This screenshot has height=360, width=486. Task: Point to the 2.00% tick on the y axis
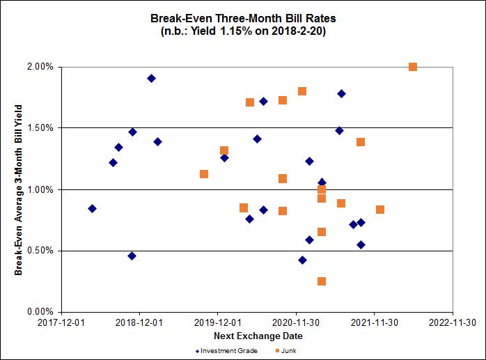point(40,67)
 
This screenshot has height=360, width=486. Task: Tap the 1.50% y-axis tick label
point(40,128)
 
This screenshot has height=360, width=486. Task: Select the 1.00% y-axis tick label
point(40,189)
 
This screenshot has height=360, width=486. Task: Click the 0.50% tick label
point(40,251)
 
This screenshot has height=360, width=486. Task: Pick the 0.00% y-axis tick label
point(40,312)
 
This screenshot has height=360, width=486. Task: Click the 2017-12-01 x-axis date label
point(61,322)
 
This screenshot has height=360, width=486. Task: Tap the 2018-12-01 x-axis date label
point(139,322)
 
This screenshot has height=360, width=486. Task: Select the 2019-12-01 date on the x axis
point(218,322)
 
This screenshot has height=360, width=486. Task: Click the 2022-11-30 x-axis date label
point(453,322)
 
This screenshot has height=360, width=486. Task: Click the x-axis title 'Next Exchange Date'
point(257,336)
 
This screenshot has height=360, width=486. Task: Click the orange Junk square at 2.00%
point(413,67)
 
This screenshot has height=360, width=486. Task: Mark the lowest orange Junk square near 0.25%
point(322,281)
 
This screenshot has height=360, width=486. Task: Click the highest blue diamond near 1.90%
point(151,78)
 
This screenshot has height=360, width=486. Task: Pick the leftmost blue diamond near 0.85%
point(92,208)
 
